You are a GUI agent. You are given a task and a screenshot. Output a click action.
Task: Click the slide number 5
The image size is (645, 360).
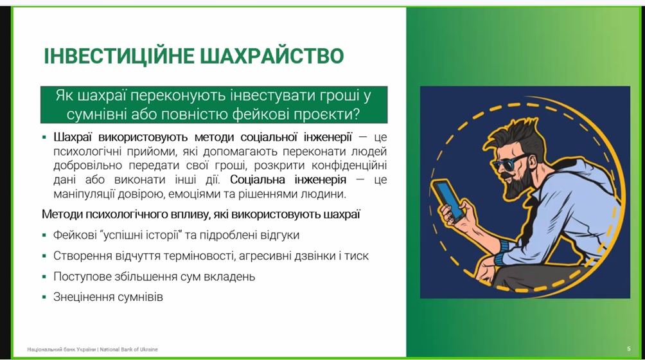tap(628, 349)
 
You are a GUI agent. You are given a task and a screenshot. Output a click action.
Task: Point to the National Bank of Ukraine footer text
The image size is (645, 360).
tap(93, 349)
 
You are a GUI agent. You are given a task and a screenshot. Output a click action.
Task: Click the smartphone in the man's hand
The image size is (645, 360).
tap(448, 201)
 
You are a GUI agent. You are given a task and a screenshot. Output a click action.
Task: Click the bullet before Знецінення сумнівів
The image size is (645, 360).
tap(44, 296)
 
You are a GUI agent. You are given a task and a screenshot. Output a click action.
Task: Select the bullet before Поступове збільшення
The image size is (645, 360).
tap(44, 276)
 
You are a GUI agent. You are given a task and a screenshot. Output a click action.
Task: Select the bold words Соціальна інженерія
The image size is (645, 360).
tap(288, 179)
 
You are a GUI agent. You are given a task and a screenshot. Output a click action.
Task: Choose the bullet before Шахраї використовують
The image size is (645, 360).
tap(44, 137)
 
